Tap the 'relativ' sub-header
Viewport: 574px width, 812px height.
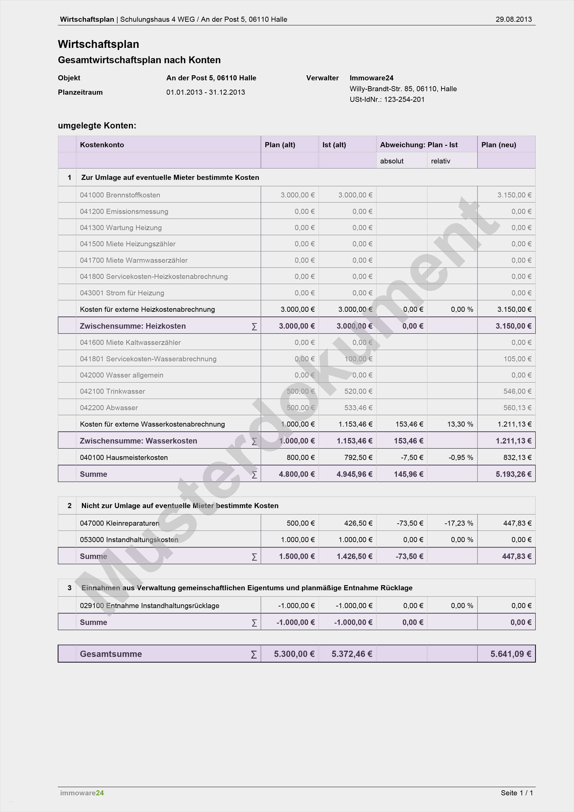click(x=440, y=161)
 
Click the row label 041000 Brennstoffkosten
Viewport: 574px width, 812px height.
click(x=120, y=195)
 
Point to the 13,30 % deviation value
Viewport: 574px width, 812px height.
click(x=460, y=424)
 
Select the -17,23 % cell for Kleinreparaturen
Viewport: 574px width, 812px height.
click(x=458, y=523)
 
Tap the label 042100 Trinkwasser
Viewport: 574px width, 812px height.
click(x=113, y=391)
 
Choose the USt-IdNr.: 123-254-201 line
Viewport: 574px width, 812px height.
click(x=387, y=99)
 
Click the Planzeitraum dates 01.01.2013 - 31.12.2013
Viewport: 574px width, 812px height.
click(x=205, y=92)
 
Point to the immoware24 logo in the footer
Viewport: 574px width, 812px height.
click(x=82, y=793)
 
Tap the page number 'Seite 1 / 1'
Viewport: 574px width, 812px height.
click(x=516, y=793)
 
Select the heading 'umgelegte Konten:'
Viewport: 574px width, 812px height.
click(x=97, y=125)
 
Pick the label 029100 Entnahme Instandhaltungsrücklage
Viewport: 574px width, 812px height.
click(x=149, y=606)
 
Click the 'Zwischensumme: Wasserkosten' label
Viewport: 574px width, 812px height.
click(x=138, y=441)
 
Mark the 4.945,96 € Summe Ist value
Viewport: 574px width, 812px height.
click(x=354, y=474)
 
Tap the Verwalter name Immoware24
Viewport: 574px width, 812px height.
click(x=371, y=78)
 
